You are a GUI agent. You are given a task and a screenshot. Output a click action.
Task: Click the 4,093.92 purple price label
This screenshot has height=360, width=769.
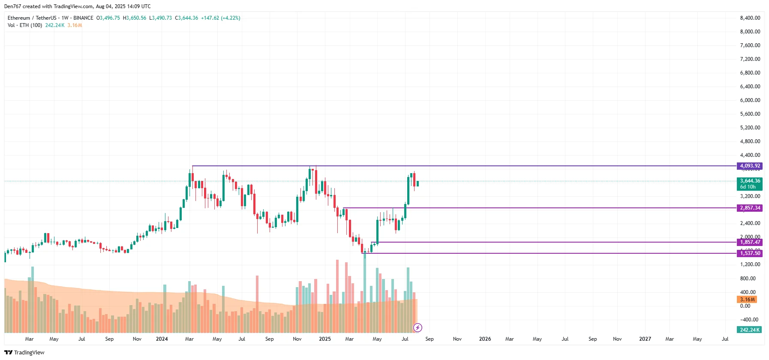(x=750, y=166)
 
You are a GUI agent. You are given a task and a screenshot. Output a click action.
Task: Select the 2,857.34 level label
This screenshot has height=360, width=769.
(x=750, y=208)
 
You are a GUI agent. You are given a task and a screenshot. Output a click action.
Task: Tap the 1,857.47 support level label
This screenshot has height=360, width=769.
(x=750, y=242)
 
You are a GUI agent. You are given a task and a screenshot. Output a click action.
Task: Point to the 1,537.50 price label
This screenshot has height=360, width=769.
(x=750, y=253)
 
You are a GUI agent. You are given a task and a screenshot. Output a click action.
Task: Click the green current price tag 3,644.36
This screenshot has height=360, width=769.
(x=750, y=181)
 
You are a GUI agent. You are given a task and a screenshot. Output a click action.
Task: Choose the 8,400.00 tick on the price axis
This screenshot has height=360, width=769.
(x=750, y=18)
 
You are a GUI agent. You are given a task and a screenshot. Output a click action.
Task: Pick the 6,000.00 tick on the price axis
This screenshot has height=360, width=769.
(x=750, y=100)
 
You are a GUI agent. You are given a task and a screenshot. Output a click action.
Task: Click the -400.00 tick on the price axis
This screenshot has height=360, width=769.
(x=749, y=320)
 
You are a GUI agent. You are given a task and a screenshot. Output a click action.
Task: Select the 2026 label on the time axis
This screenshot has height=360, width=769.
(x=485, y=339)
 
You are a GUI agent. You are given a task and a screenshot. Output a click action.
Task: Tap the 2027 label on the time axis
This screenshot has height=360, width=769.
(x=645, y=339)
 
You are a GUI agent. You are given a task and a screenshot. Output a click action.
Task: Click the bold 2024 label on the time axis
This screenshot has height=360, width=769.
(x=162, y=339)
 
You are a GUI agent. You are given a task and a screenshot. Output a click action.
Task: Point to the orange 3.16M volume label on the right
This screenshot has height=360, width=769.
(x=747, y=300)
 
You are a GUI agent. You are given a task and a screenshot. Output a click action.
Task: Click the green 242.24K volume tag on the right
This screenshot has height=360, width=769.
(x=749, y=330)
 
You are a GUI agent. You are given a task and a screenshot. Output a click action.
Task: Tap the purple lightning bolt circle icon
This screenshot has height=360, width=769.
(x=418, y=328)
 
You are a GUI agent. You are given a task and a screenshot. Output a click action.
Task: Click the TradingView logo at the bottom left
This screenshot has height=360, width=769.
(x=24, y=352)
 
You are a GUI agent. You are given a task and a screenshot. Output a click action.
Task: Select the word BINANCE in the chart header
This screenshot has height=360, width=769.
(x=83, y=18)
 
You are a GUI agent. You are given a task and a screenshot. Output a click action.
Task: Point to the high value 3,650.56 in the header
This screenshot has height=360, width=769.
(x=136, y=18)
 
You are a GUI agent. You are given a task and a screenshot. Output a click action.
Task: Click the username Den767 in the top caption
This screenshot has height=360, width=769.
(x=12, y=6)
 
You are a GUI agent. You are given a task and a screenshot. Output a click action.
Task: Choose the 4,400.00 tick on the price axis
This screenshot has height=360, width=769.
(x=750, y=155)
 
